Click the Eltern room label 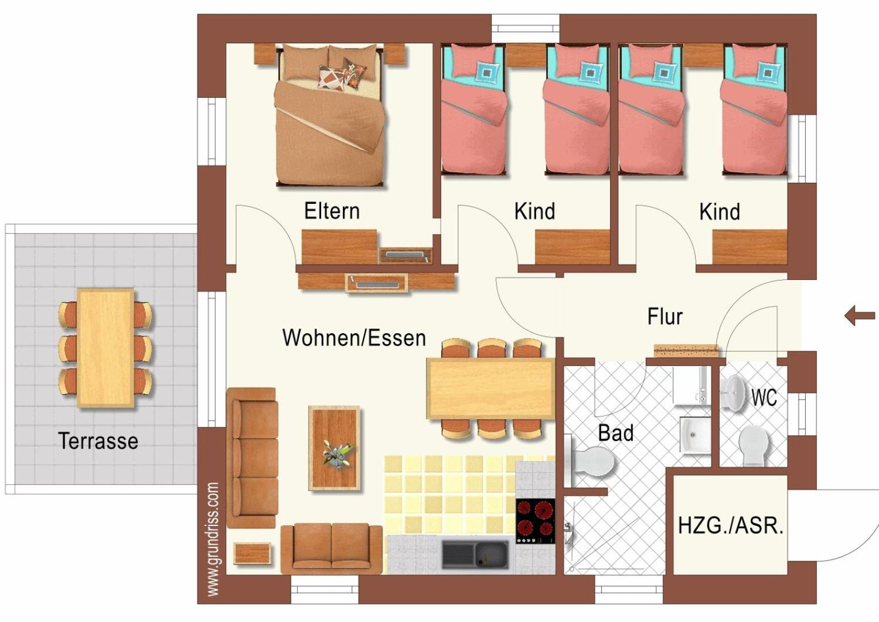pyautogui.click(x=332, y=211)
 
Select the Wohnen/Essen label pyautogui.click(x=354, y=338)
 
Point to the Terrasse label pyautogui.click(x=98, y=441)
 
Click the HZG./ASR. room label pyautogui.click(x=731, y=526)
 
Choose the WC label pyautogui.click(x=764, y=398)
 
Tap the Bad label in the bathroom pyautogui.click(x=616, y=433)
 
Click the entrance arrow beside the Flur pyautogui.click(x=860, y=315)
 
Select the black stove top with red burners pyautogui.click(x=535, y=521)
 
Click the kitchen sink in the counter pyautogui.click(x=475, y=555)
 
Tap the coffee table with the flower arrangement pyautogui.click(x=334, y=448)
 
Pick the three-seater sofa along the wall pyautogui.click(x=252, y=458)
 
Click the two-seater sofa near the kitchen pyautogui.click(x=332, y=549)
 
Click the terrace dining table pyautogui.click(x=106, y=348)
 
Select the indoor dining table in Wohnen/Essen pyautogui.click(x=491, y=388)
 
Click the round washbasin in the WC pyautogui.click(x=735, y=393)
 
